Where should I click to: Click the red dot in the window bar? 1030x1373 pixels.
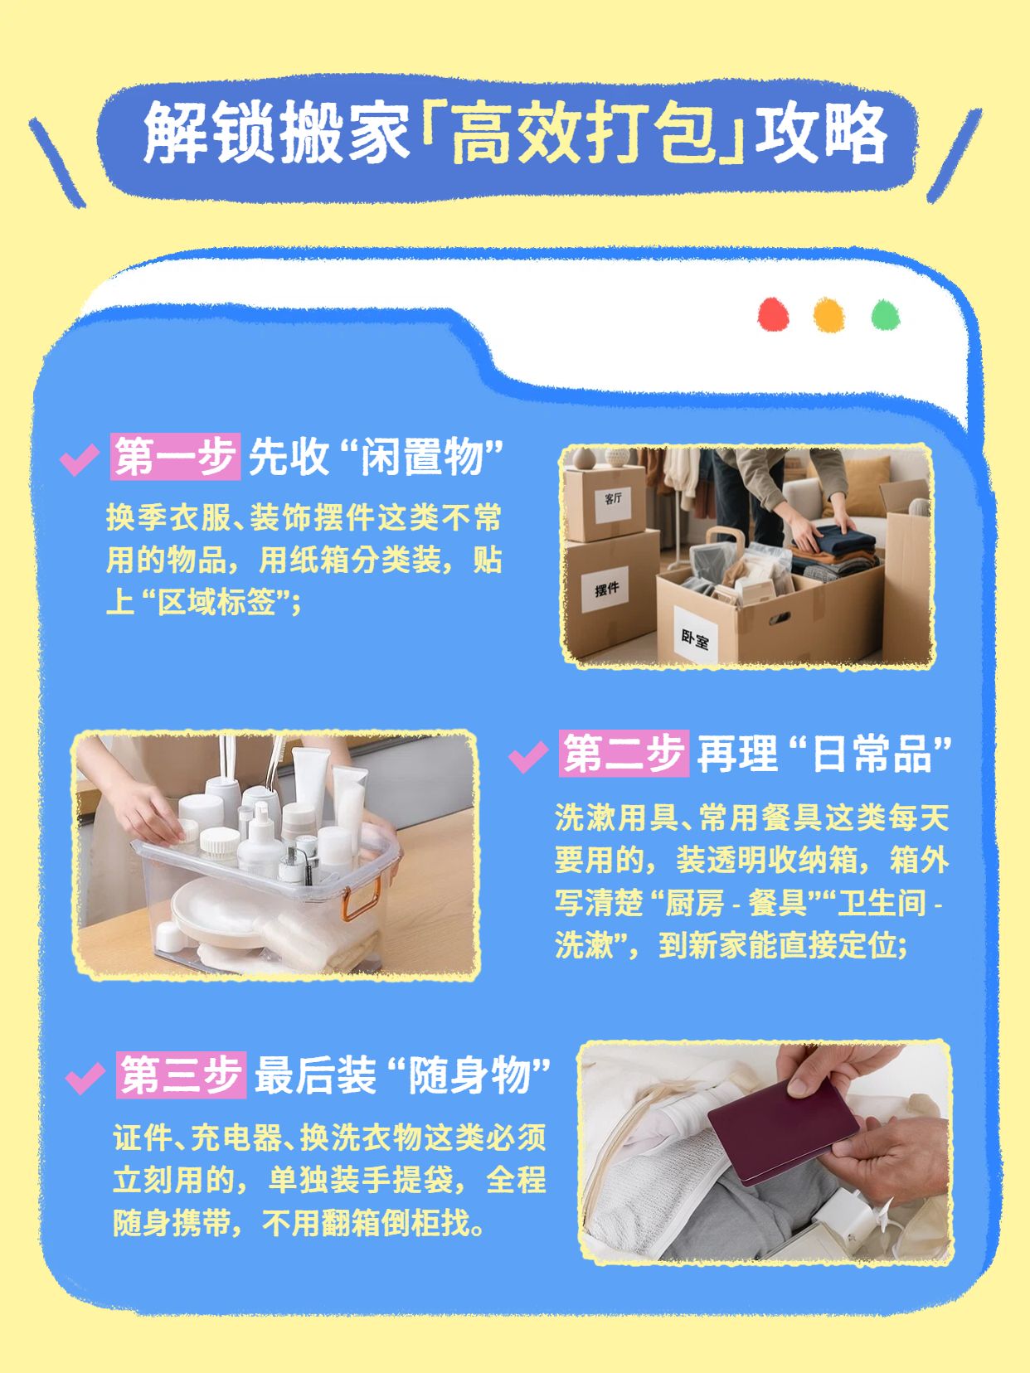[x=773, y=315]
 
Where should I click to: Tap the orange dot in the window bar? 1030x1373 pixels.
[x=828, y=315]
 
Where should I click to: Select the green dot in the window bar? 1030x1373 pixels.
[x=885, y=315]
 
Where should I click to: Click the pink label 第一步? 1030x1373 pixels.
[x=175, y=456]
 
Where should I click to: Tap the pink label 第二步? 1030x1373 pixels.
[x=623, y=754]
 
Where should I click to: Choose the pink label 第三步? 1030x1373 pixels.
[x=181, y=1075]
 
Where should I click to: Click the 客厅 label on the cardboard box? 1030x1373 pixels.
[x=613, y=499]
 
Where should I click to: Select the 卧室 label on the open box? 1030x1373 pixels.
[x=695, y=637]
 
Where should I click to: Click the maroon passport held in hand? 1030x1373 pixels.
[x=783, y=1129]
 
